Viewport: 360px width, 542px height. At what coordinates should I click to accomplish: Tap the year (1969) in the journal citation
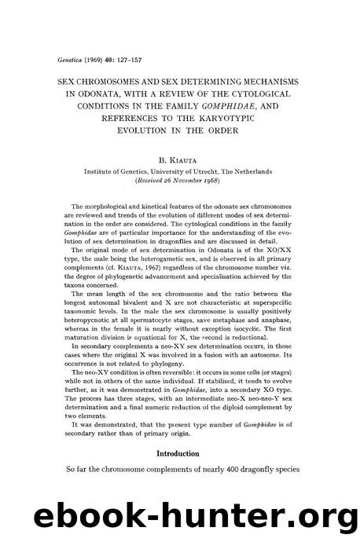[x=100, y=57]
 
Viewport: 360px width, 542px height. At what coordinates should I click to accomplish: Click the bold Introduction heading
[x=179, y=453]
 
